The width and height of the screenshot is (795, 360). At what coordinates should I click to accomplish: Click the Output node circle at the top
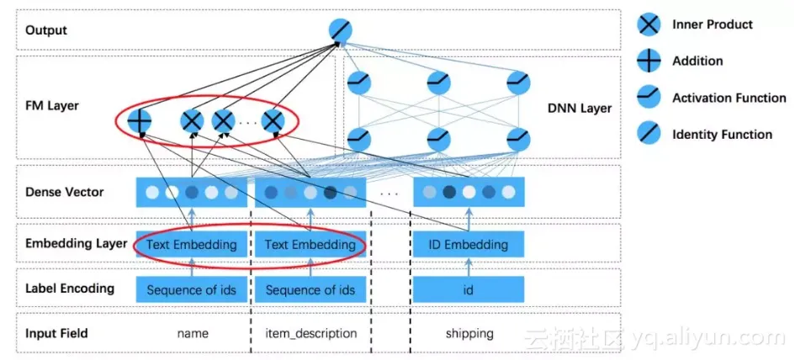(x=342, y=31)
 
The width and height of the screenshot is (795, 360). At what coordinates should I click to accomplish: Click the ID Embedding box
(x=469, y=245)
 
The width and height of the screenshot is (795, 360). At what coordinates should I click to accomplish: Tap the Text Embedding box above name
(x=192, y=245)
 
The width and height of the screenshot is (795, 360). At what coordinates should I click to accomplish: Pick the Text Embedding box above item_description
(x=310, y=245)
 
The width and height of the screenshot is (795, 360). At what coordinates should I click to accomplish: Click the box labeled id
(x=469, y=290)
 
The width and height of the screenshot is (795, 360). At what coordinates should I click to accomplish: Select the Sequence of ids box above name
(x=192, y=290)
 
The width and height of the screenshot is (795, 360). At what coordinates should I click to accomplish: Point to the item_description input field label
(x=310, y=334)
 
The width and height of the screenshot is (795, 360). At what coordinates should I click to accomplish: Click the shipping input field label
(x=469, y=334)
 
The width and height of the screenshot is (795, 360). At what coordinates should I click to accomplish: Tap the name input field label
(x=192, y=334)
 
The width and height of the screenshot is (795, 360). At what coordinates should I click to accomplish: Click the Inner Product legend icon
(x=649, y=24)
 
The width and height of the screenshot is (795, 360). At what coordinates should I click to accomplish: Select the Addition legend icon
(x=649, y=61)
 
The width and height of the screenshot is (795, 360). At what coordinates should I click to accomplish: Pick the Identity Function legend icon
(x=649, y=135)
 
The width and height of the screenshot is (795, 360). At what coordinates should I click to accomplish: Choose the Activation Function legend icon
(x=649, y=98)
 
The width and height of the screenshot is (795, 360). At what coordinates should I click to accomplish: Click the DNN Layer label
(x=580, y=109)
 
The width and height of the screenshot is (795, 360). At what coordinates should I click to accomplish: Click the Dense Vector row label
(x=65, y=192)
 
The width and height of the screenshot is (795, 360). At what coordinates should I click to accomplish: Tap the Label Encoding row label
(x=70, y=289)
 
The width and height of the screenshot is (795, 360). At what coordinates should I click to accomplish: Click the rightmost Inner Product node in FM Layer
(x=272, y=122)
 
